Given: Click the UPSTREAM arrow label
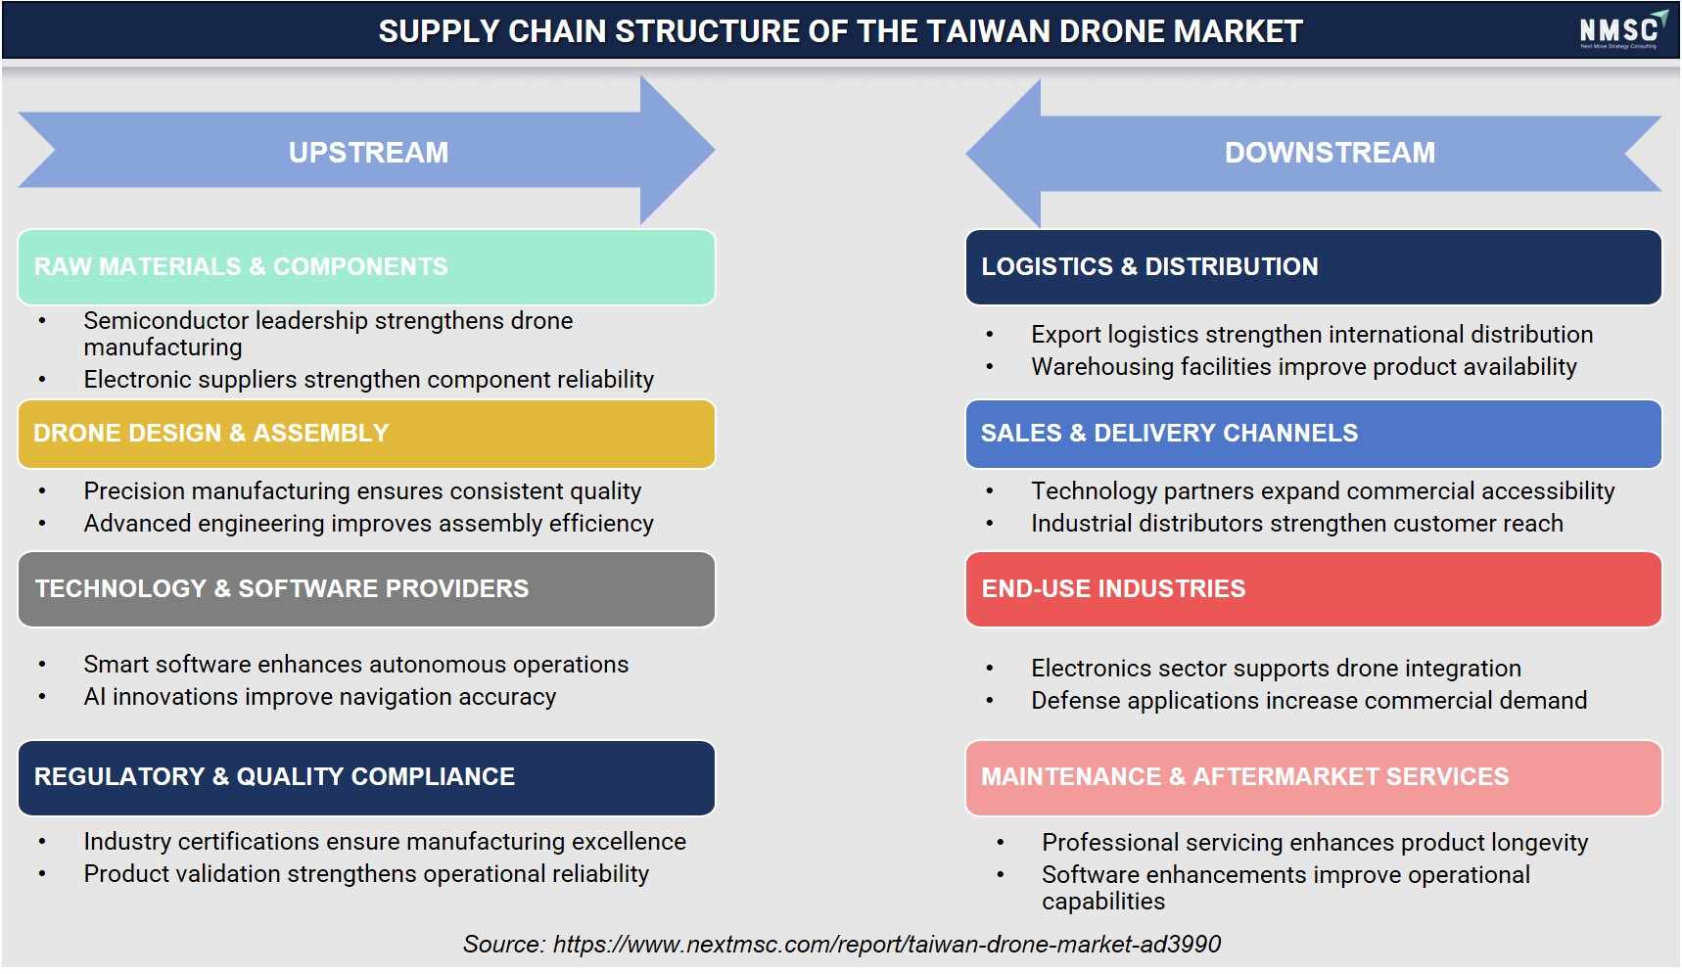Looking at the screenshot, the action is tap(368, 153).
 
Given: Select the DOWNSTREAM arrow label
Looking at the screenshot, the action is tap(1330, 153).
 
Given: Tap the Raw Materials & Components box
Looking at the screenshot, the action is tap(366, 267).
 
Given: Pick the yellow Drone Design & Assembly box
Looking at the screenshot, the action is tap(366, 434).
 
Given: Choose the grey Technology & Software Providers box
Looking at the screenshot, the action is tap(366, 589).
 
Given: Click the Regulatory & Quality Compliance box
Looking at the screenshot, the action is tap(366, 777).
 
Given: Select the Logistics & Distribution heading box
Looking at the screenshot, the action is tap(1313, 267).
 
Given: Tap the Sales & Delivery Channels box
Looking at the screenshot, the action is tap(1313, 434).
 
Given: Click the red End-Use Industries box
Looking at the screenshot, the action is tap(1313, 589).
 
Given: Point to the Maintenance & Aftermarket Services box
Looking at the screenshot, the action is tap(1313, 777).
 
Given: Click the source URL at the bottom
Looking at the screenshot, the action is tap(887, 945).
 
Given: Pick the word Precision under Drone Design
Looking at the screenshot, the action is tap(133, 491).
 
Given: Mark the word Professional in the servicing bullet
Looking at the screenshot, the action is tap(1110, 843).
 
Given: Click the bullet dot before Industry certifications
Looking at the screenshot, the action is tap(42, 842).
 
